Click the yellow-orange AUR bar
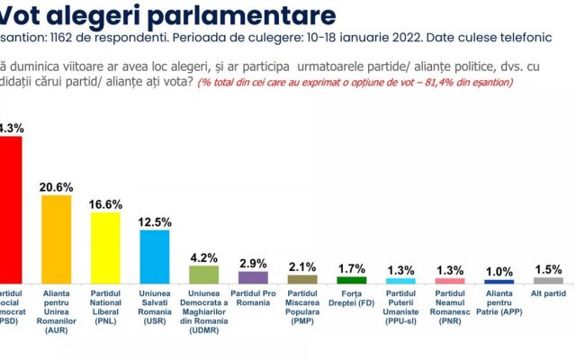[57, 238]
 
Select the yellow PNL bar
[105, 247]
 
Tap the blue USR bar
[155, 256]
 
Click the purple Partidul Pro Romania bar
[253, 277]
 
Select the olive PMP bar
[302, 279]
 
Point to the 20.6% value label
[57, 185]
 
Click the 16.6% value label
[105, 203]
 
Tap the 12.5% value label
[155, 221]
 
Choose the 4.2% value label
[203, 257]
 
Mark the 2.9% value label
[253, 263]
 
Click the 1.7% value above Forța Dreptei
[351, 268]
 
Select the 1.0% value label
[499, 272]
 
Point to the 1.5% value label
[547, 269]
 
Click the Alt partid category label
[547, 293]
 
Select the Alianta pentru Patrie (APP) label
[499, 303]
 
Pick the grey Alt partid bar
[547, 280]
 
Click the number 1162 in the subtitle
[73, 39]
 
